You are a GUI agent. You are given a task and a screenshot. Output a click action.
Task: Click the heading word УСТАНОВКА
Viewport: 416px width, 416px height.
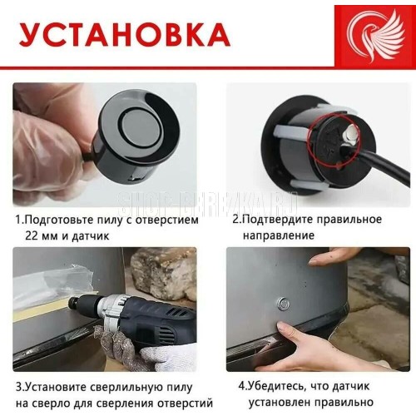tap(125, 35)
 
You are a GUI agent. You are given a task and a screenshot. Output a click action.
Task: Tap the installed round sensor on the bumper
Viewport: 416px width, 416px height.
tap(283, 304)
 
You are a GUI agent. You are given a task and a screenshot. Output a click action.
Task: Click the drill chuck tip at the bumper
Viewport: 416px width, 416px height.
tap(72, 302)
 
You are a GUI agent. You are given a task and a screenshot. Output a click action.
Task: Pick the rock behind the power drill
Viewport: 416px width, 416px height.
tap(163, 273)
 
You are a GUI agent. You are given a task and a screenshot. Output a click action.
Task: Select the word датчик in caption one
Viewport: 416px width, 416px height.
tap(91, 236)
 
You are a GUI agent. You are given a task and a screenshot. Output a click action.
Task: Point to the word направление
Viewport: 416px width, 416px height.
tap(279, 235)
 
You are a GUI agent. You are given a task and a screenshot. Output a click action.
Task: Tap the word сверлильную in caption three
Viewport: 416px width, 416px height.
tap(126, 388)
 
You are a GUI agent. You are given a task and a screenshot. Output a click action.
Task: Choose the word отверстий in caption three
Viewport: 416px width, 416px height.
tap(186, 404)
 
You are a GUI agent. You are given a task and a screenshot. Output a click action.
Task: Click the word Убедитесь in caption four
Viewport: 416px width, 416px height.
tap(277, 386)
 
